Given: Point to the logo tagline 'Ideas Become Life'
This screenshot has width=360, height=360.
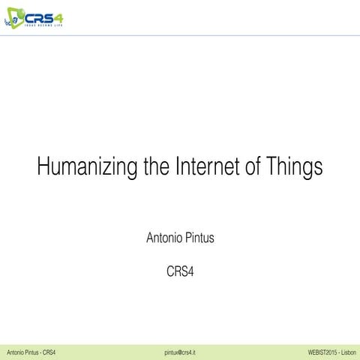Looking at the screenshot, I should click(x=43, y=25).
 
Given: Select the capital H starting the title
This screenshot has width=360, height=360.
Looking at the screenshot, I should click(x=43, y=166).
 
